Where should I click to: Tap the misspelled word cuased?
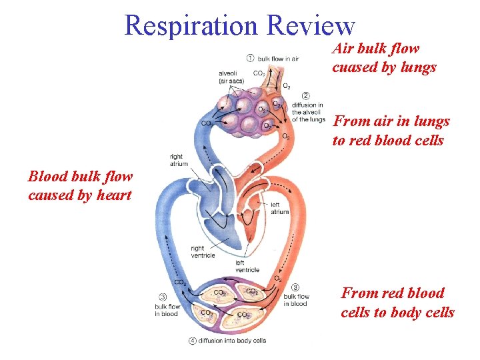(353, 67)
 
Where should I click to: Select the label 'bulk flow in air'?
(278, 59)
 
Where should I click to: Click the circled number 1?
(249, 58)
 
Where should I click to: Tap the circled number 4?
(192, 341)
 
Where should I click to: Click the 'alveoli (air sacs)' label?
(231, 77)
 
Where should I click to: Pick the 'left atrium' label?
(279, 208)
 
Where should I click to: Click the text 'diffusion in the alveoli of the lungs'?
(308, 112)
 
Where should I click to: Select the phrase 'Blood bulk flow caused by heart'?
(80, 186)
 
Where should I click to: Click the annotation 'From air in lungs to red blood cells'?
(391, 131)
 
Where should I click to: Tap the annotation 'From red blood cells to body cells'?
(397, 303)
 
